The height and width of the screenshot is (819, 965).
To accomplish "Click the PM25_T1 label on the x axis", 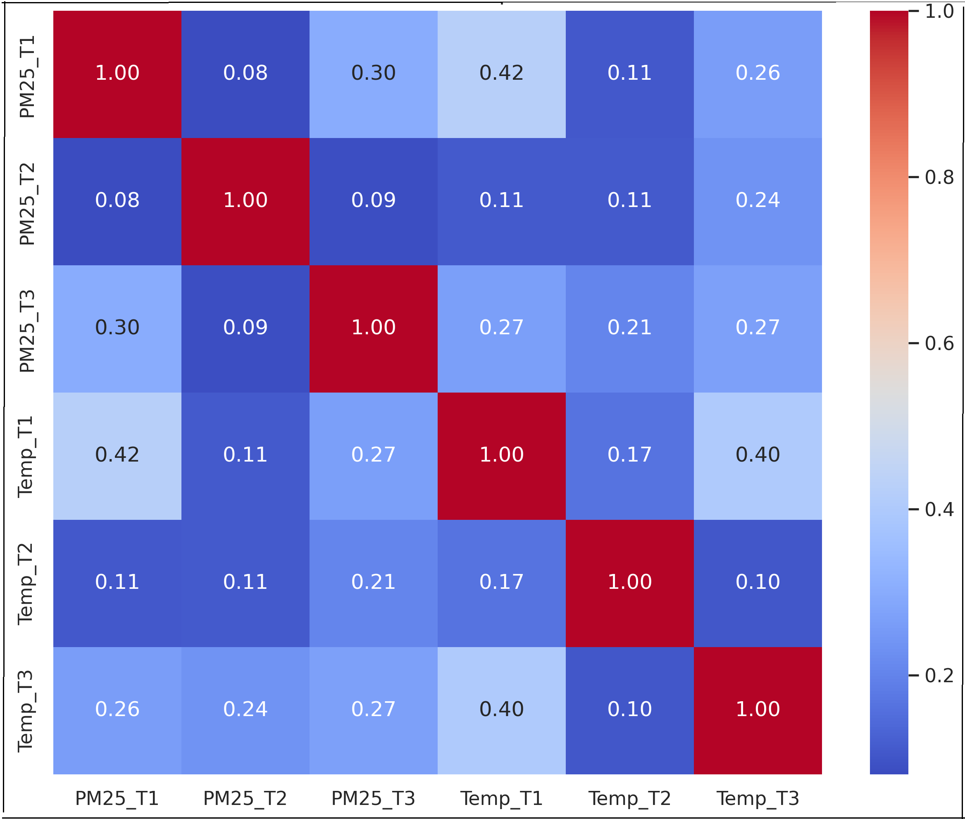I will (x=117, y=798).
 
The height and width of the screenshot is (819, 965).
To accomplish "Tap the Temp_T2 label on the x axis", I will (x=630, y=798).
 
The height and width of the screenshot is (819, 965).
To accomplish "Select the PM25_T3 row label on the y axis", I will (x=27, y=331).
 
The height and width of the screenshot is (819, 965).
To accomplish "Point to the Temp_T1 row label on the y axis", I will (x=26, y=457).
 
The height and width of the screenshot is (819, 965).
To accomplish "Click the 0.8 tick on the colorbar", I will (x=939, y=177).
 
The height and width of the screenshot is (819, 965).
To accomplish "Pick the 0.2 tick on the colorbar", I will (x=939, y=675).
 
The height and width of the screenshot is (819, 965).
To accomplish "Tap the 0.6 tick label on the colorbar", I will (x=939, y=343).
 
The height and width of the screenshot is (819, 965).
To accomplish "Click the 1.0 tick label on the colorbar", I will (x=939, y=12).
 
